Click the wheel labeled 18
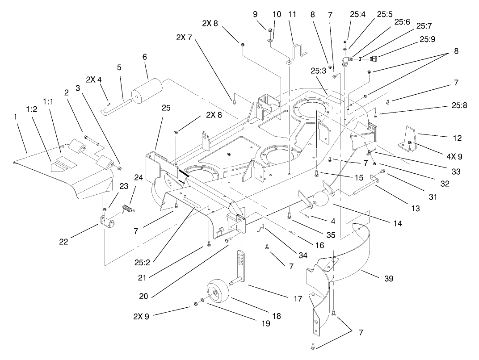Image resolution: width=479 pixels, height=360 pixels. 218,292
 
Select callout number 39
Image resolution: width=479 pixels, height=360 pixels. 388,279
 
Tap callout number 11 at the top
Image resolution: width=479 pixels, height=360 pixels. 292,14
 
